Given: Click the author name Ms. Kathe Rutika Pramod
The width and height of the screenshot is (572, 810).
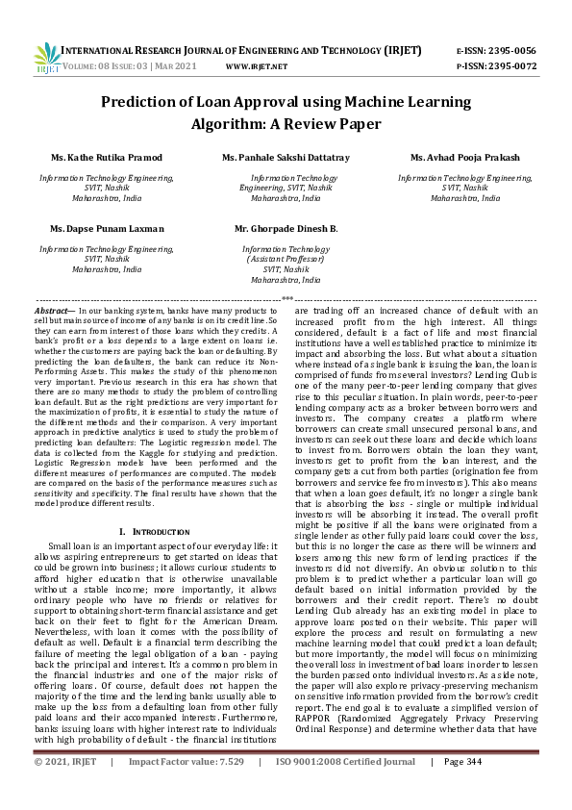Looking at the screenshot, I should coord(107,157).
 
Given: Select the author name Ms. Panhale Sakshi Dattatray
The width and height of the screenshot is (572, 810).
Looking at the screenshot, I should coord(286,157).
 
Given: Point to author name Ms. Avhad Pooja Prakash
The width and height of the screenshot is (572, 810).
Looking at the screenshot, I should coord(464,157).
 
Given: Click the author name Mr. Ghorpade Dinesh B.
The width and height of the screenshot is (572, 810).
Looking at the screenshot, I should coord(286,229).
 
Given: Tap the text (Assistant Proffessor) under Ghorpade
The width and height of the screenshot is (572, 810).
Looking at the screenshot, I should coord(286,260).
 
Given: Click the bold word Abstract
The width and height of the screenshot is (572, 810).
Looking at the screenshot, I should coord(54,313).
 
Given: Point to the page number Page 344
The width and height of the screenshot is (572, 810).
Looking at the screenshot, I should coord(462,788).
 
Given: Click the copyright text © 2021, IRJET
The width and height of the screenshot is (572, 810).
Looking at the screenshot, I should coord(66,788).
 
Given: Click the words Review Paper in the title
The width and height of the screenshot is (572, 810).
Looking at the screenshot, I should coord(330,123).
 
